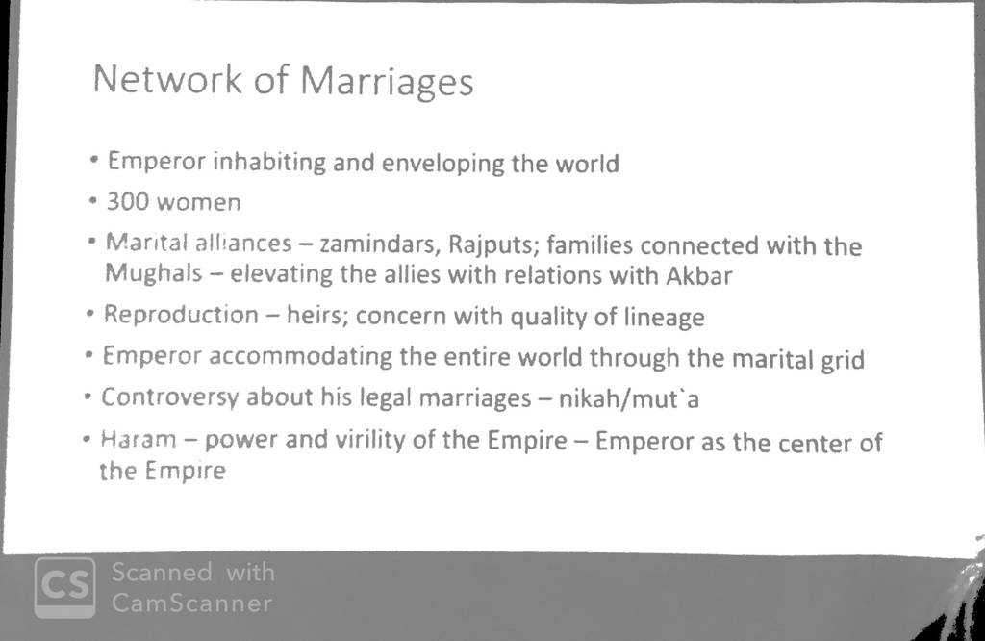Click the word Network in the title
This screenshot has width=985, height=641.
click(167, 79)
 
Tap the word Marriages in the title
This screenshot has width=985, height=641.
click(387, 83)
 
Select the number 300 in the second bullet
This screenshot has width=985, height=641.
click(128, 201)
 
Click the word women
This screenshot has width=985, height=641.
click(199, 202)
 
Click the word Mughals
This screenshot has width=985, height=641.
click(154, 272)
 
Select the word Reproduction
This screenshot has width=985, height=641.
click(181, 314)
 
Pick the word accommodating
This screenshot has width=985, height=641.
click(301, 356)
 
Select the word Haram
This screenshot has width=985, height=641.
click(139, 438)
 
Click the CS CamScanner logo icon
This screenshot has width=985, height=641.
click(65, 587)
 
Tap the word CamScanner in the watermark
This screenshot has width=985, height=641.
click(192, 603)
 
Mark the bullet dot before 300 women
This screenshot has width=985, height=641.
click(93, 201)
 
